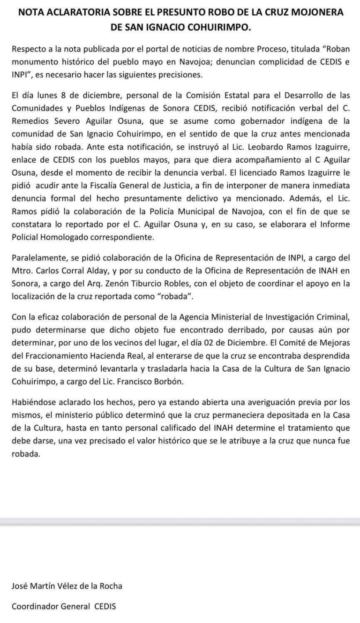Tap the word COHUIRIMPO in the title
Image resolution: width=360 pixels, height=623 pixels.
pyautogui.click(x=218, y=28)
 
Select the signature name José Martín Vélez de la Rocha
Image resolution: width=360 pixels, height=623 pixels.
pyautogui.click(x=67, y=586)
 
